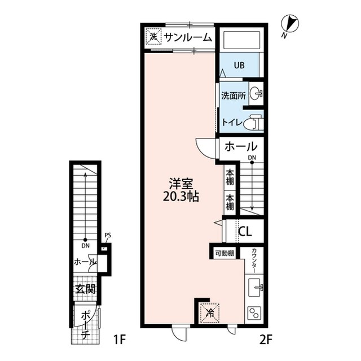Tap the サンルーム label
point(188,38)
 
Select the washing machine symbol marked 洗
point(153,37)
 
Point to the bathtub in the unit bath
point(241,41)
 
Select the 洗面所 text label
point(232,95)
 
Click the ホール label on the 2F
point(241,147)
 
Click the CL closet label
point(245,231)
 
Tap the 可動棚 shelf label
point(224,254)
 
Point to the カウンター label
point(254,260)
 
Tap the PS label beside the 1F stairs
point(107,237)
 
